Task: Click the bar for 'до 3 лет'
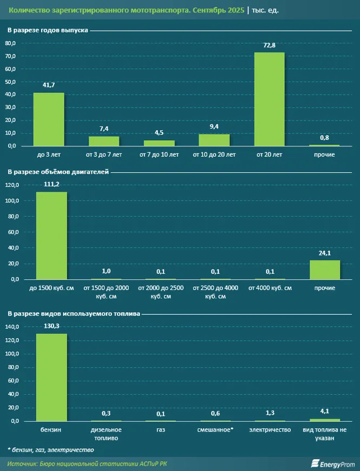49,119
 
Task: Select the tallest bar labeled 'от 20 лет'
269,99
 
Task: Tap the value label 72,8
269,45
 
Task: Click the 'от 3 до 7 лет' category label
104,155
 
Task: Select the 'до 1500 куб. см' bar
51,235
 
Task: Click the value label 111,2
52,185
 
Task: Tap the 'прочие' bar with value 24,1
324,270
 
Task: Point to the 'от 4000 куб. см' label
269,288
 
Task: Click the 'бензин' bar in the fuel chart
51,378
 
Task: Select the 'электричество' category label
269,430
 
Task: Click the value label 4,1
324,412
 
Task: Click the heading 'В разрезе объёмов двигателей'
58,172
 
